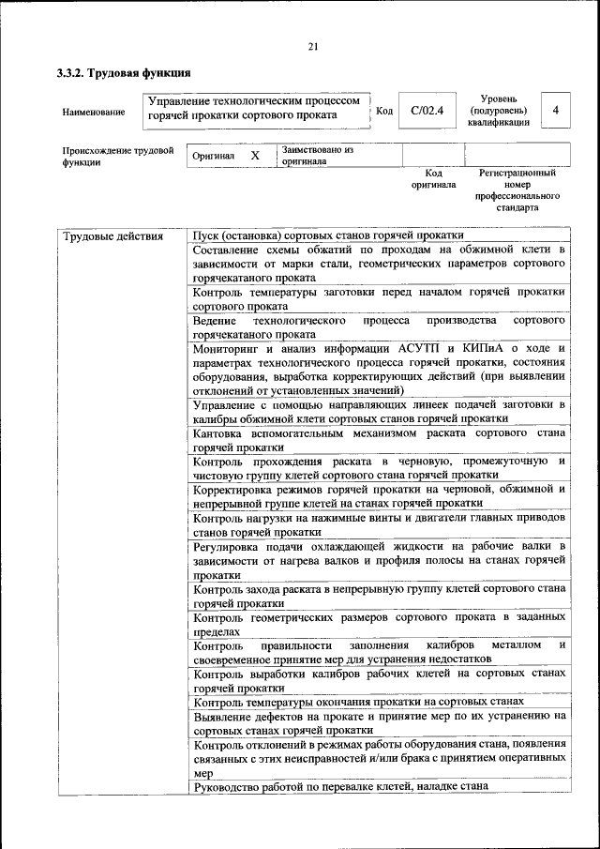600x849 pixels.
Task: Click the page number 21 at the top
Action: click(x=313, y=47)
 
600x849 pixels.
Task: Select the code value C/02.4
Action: click(x=427, y=111)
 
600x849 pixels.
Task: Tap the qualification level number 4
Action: click(x=556, y=111)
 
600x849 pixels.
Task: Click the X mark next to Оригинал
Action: click(x=254, y=155)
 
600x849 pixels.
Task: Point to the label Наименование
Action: click(x=94, y=113)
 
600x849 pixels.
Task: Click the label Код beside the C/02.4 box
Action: click(x=383, y=111)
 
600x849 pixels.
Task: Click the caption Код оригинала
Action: click(x=433, y=179)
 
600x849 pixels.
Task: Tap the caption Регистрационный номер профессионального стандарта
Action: click(x=517, y=190)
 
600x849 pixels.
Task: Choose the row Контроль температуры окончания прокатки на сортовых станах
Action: click(x=358, y=702)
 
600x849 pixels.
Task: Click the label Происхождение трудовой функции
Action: click(x=118, y=155)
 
